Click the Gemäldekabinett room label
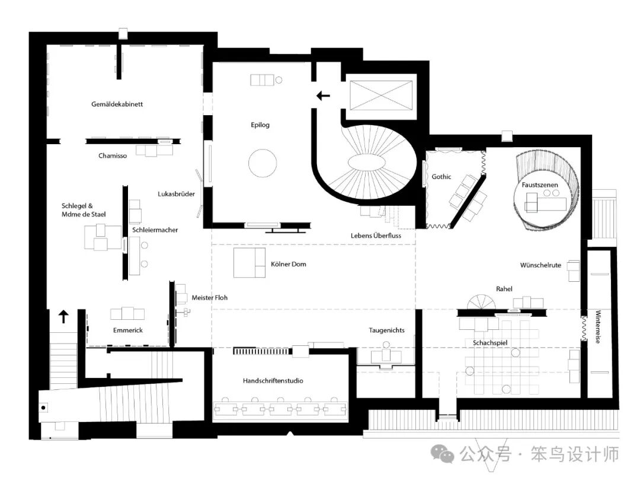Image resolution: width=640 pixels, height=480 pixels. (x=117, y=104)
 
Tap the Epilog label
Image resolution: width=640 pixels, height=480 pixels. (x=260, y=125)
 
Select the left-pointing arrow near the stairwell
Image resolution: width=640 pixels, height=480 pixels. (x=324, y=96)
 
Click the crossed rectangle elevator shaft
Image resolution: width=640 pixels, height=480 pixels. (x=381, y=96)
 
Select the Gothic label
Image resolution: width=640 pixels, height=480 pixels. (x=441, y=177)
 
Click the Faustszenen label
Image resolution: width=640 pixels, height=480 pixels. (x=540, y=185)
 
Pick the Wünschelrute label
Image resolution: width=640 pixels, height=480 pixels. (x=540, y=265)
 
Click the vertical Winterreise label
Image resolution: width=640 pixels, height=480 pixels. (x=598, y=327)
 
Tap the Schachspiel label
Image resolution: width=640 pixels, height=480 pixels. (x=490, y=343)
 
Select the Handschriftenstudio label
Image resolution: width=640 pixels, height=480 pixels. (x=273, y=381)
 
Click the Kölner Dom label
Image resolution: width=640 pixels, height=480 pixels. (x=289, y=264)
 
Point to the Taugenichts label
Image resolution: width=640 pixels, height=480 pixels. (x=386, y=330)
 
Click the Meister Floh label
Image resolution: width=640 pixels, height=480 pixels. (x=209, y=298)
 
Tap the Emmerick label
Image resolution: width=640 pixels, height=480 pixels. (x=128, y=330)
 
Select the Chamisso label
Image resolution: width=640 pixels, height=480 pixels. (x=113, y=155)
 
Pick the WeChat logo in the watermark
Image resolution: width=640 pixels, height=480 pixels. (x=443, y=453)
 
